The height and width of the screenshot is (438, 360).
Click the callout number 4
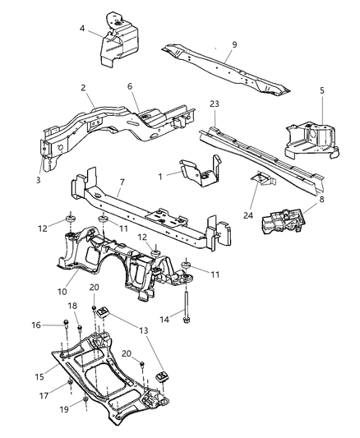83,29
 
